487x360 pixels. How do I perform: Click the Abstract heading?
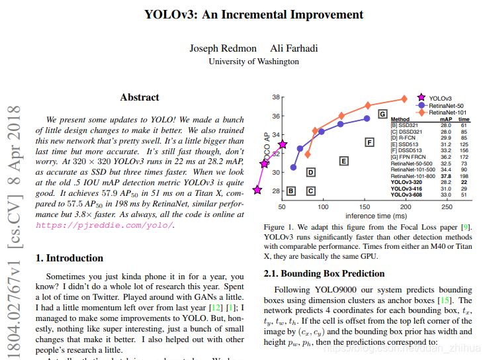pos(140,97)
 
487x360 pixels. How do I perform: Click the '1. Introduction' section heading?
pos(69,258)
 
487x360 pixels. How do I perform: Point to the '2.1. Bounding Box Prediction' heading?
pos(324,273)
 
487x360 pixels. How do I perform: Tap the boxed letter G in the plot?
pos(382,114)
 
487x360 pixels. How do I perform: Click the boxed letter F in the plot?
pos(370,142)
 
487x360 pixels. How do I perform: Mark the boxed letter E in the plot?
pos(343,160)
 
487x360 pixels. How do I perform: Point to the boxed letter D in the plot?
pos(310,172)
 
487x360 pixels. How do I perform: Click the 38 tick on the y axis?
pos(275,97)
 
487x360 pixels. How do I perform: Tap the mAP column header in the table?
pos(445,119)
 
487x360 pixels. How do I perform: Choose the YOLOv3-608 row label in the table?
pos(406,195)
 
